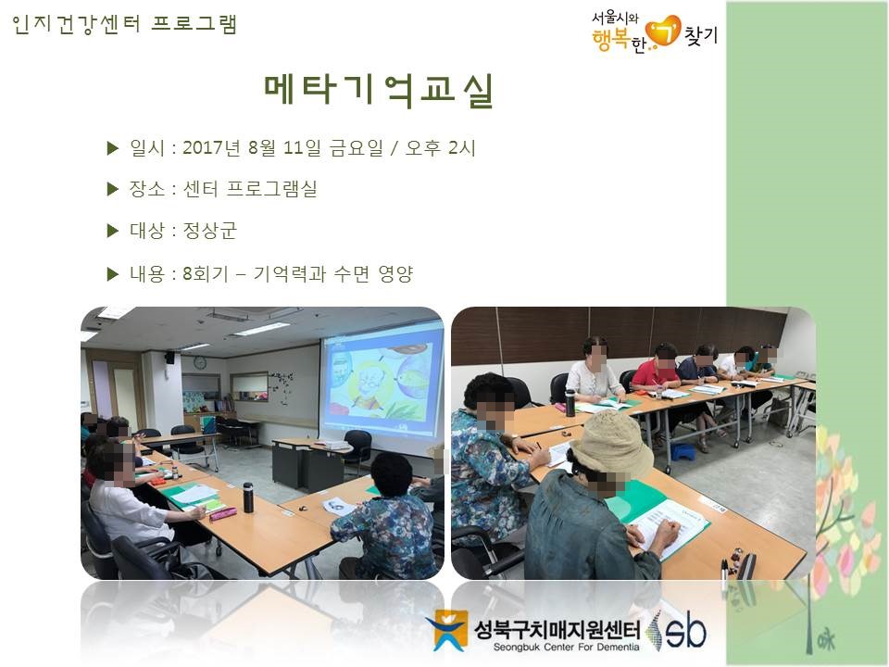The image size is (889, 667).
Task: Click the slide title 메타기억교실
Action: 379,91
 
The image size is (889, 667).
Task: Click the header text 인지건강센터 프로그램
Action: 124,24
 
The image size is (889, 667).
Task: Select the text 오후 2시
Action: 440,148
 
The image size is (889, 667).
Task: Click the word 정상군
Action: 210,231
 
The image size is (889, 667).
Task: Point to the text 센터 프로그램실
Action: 249,189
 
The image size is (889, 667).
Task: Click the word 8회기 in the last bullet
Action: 206,274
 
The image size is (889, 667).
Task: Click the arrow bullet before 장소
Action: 113,189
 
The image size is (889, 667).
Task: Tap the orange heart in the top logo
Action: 664,31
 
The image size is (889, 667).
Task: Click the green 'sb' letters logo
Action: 686,631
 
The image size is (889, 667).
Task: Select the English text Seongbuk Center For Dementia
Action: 566,648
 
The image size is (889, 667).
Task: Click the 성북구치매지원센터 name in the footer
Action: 557,629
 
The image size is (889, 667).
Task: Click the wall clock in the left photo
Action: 200,362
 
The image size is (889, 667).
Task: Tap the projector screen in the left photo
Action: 381,385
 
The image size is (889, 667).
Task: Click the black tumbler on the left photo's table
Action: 248,497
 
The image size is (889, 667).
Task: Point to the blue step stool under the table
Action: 682,453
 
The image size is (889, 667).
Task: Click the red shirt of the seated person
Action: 654,374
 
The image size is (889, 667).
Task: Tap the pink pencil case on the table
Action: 223,513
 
